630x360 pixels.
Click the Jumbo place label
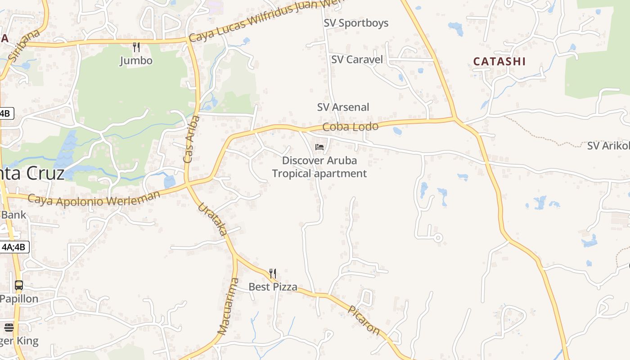point(136,61)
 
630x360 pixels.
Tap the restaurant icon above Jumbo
point(136,46)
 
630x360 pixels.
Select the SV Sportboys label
point(356,23)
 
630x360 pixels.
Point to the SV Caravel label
point(357,59)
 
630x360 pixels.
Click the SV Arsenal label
point(343,107)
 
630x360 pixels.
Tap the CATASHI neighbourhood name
point(499,62)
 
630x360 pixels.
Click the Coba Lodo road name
point(351,127)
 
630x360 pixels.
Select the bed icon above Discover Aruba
point(319,147)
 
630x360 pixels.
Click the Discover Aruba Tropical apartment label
point(319,167)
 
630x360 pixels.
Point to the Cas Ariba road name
point(191,139)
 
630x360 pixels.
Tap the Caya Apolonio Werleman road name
point(94,198)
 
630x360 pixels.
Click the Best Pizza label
point(273,287)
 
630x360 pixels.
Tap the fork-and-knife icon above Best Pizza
point(272,273)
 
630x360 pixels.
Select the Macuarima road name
point(228,306)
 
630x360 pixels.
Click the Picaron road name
point(364,320)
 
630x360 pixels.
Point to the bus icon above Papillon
point(19,285)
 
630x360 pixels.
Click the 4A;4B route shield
point(15,247)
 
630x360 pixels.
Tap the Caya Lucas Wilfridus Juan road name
point(265,20)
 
